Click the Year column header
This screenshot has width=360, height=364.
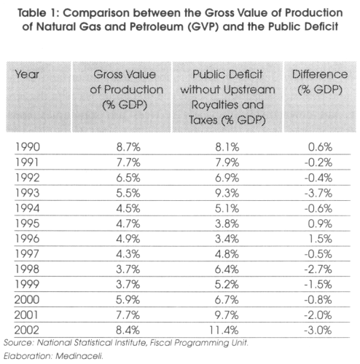tap(27, 74)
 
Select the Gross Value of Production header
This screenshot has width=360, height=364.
tap(126, 90)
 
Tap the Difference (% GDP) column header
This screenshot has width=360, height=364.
tap(320, 82)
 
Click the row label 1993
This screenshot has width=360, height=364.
tap(27, 193)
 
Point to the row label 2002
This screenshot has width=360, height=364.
tap(27, 331)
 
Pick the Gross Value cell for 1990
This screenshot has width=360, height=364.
tap(128, 147)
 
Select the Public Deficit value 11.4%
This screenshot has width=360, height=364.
tap(224, 331)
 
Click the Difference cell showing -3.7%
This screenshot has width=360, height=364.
tap(318, 193)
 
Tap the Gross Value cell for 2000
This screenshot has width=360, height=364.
tap(128, 300)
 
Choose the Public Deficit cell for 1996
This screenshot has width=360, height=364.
tap(227, 239)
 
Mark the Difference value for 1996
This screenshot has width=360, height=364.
tap(320, 239)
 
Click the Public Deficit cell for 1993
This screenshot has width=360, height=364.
tap(227, 193)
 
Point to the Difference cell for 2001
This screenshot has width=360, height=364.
tap(318, 315)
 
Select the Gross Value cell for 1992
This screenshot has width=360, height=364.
tap(128, 178)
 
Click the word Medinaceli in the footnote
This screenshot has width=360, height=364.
tap(79, 356)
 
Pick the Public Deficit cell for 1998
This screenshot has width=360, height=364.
tap(227, 269)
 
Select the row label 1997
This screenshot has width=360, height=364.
tap(27, 254)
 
